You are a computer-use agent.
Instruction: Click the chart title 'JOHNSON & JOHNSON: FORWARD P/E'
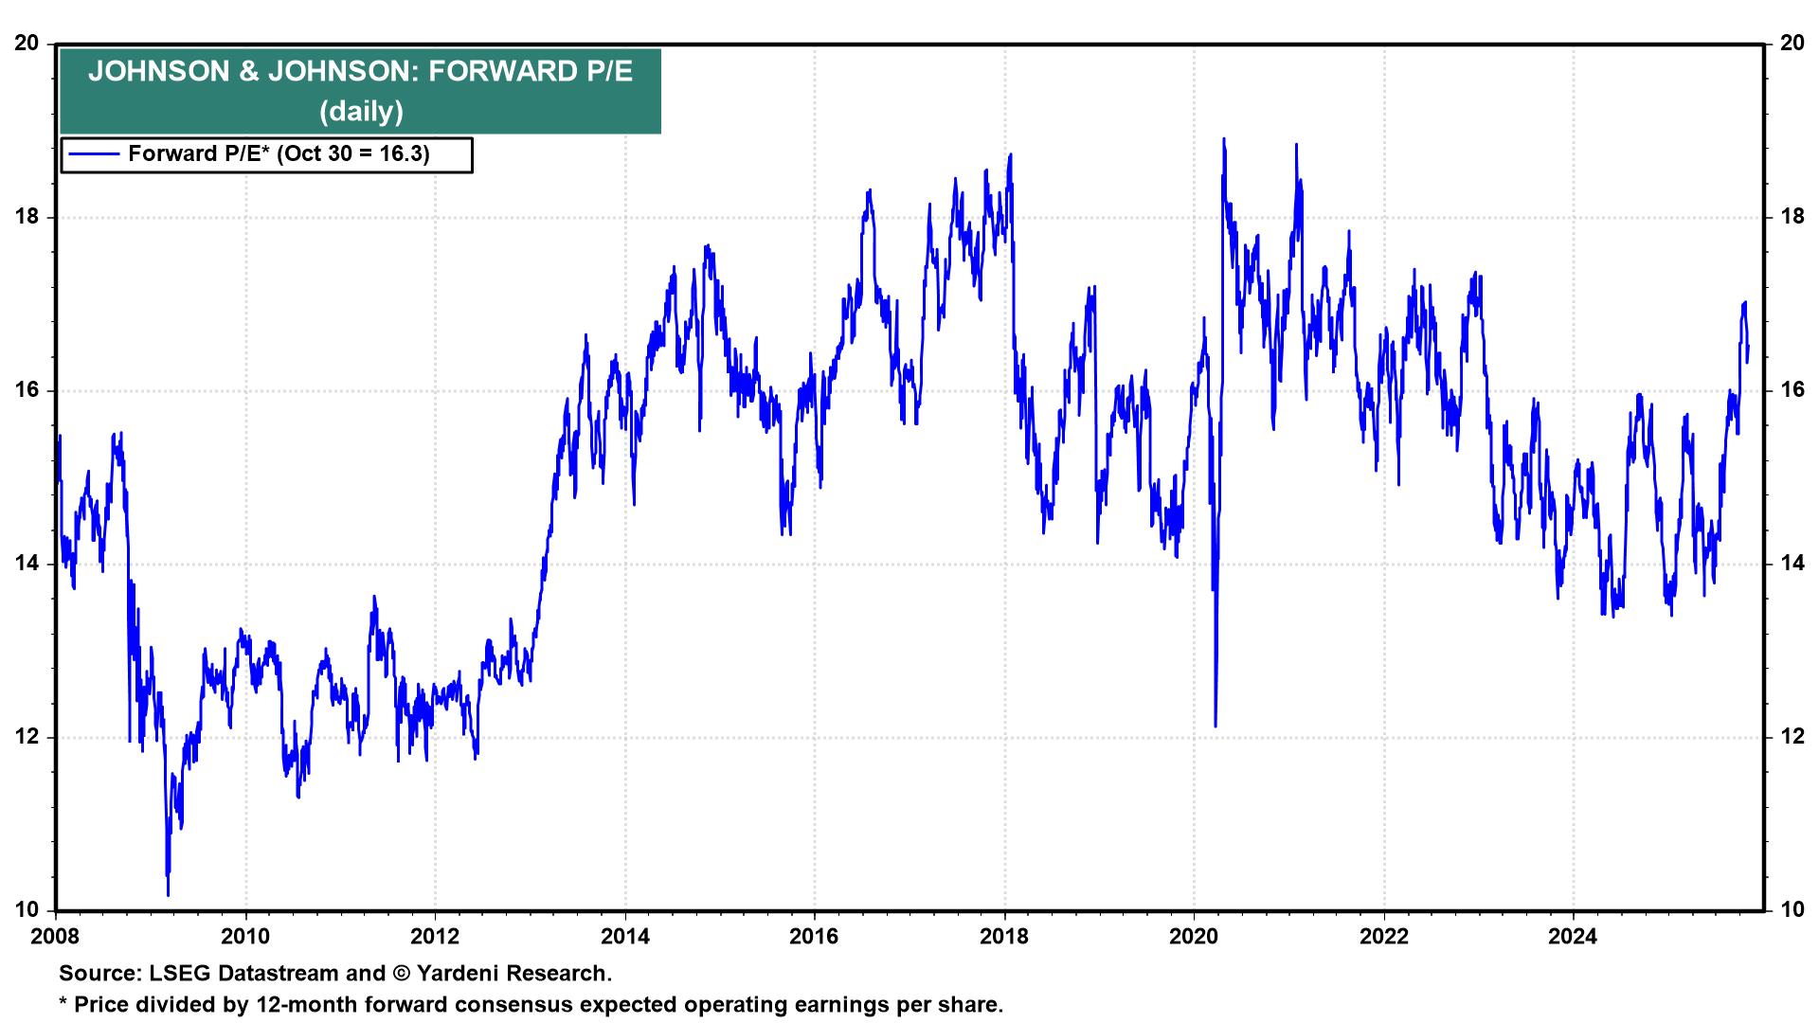pos(360,73)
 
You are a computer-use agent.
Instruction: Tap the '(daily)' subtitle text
pos(361,112)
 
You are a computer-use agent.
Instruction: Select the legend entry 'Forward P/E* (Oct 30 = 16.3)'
pos(279,153)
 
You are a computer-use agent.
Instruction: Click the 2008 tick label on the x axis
pos(56,938)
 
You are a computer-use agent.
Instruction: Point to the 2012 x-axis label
pos(435,938)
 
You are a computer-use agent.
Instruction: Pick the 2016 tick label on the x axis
pos(815,938)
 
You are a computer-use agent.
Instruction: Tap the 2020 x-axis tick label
pos(1194,938)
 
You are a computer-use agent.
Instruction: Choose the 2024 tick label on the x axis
pos(1573,938)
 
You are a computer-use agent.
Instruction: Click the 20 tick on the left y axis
pos(27,44)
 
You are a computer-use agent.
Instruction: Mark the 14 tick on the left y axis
pos(27,564)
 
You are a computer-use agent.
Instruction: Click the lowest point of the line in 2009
pos(168,894)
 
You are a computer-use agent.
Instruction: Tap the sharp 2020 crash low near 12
pos(1215,726)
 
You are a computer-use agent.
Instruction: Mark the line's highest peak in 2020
pos(1224,139)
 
